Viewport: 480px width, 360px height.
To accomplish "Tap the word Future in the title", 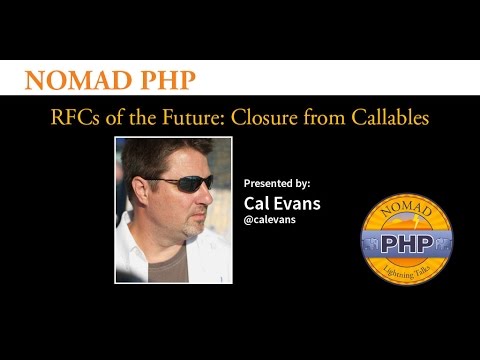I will pyautogui.click(x=196, y=118).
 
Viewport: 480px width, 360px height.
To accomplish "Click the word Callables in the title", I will pyautogui.click(x=389, y=118).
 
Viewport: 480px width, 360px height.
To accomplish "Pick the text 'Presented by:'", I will pyautogui.click(x=277, y=184).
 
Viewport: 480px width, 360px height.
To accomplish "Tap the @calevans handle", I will pyautogui.click(x=273, y=221).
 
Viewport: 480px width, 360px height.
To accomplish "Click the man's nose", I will pyautogui.click(x=211, y=195).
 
